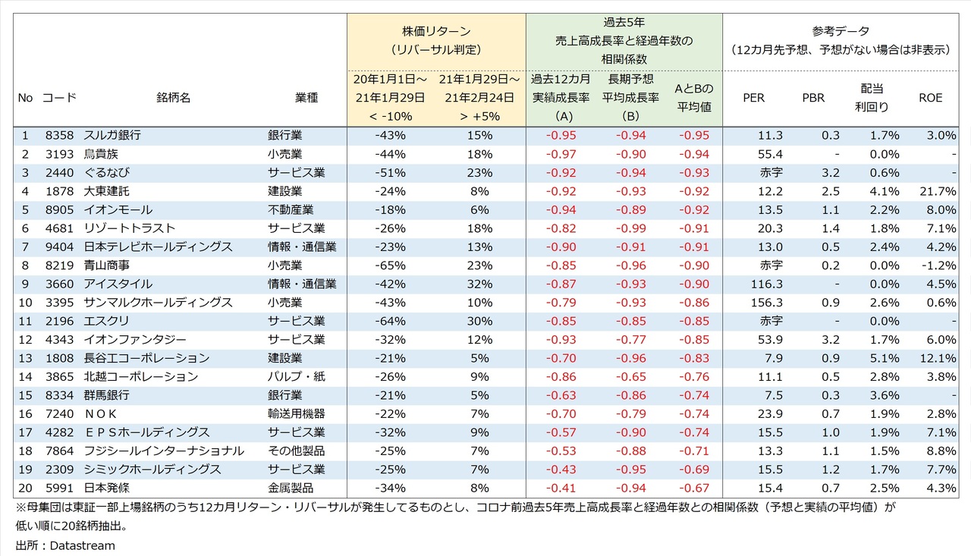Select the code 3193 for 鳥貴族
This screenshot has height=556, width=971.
coord(58,154)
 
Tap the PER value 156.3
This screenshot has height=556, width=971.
coord(766,302)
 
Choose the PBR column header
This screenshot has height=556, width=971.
coord(813,99)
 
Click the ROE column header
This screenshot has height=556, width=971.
coord(930,99)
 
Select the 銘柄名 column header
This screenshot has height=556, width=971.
coord(173,99)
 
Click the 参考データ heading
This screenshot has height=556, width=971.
coord(841,31)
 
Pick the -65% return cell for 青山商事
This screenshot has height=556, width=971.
coord(390,265)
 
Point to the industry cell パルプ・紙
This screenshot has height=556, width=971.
coord(297,376)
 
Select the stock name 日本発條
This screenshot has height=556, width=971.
coord(108,488)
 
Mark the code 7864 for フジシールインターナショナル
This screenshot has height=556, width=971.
coord(58,451)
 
